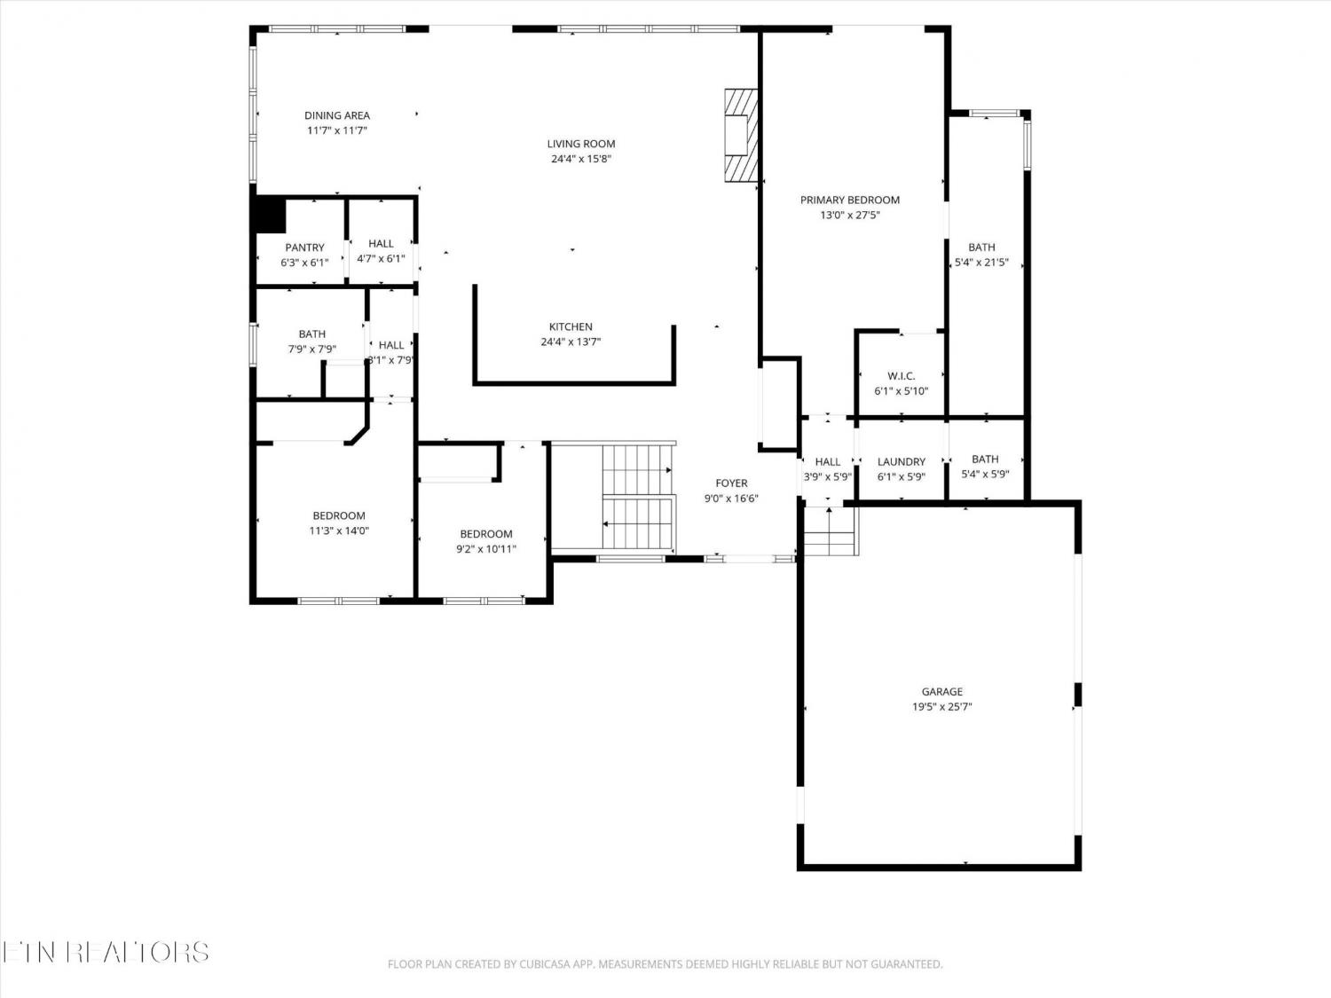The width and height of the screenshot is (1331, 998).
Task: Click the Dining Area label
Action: click(x=336, y=115)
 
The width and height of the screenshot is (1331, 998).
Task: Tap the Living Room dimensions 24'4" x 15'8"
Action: click(x=581, y=159)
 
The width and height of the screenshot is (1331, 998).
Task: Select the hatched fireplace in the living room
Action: click(x=741, y=135)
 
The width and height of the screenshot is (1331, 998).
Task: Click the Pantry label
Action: click(x=304, y=248)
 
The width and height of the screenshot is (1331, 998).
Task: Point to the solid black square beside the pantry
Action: click(x=270, y=215)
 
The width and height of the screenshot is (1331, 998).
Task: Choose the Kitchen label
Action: click(x=571, y=326)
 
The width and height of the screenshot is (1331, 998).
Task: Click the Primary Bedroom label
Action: click(x=849, y=200)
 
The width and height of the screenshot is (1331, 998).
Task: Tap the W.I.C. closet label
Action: click(x=901, y=376)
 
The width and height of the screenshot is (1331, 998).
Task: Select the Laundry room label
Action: click(x=901, y=461)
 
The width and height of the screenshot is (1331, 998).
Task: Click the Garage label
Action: click(x=941, y=691)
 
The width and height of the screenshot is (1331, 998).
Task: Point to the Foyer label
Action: click(x=731, y=483)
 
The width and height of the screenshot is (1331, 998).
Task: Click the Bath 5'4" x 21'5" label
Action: click(x=981, y=248)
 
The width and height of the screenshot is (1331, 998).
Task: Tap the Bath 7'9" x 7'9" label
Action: click(x=311, y=334)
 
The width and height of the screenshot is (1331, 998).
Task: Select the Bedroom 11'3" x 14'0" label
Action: click(x=339, y=515)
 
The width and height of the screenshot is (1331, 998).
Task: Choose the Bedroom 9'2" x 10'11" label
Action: click(x=486, y=534)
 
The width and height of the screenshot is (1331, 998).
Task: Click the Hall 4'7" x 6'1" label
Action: click(x=381, y=244)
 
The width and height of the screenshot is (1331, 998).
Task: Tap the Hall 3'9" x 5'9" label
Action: click(x=828, y=461)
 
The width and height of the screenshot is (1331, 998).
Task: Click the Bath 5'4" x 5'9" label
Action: click(x=985, y=460)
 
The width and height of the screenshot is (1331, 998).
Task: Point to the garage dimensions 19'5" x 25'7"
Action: click(x=941, y=706)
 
